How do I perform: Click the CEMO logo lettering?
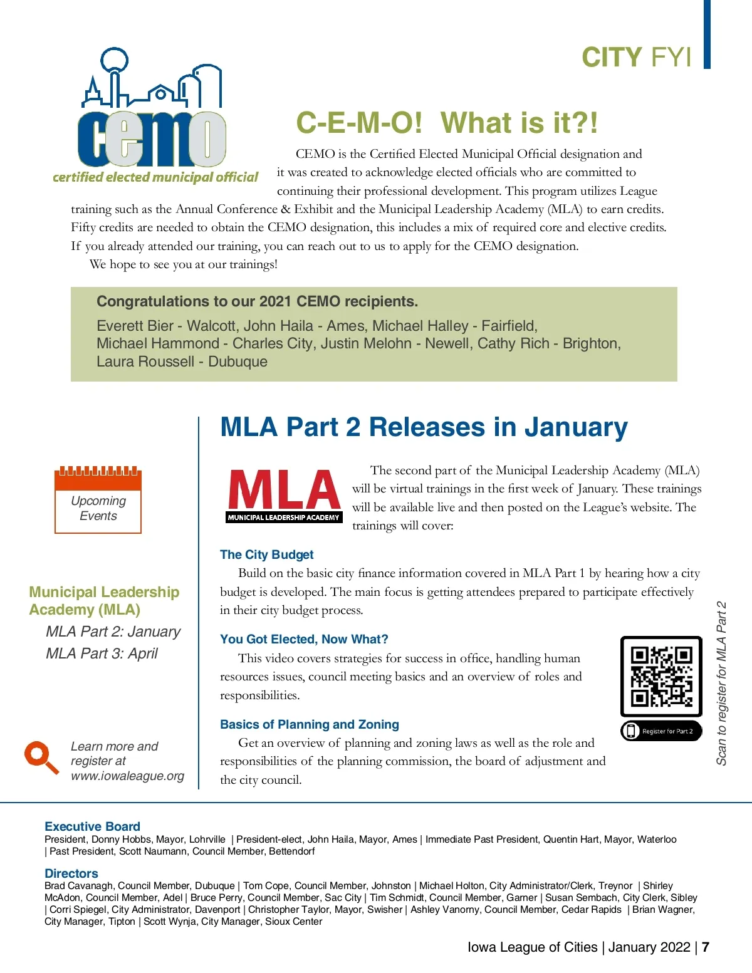coord(152,139)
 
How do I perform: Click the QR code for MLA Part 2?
coord(661,676)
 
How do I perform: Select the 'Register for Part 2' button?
coord(661,731)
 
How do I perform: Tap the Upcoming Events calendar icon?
coord(98,500)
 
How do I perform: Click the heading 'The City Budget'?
coord(266,554)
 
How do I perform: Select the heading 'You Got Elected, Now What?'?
coord(304,639)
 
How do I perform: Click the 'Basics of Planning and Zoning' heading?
coord(310,724)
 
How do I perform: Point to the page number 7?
coord(706,947)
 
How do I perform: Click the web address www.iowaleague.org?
coord(128,776)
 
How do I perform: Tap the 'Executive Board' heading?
coord(92,826)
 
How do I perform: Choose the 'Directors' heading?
coord(71,873)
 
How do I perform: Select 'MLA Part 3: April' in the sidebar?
coord(102,653)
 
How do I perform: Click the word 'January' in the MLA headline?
coord(576,427)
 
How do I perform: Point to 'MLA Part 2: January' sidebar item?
coord(113,632)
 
